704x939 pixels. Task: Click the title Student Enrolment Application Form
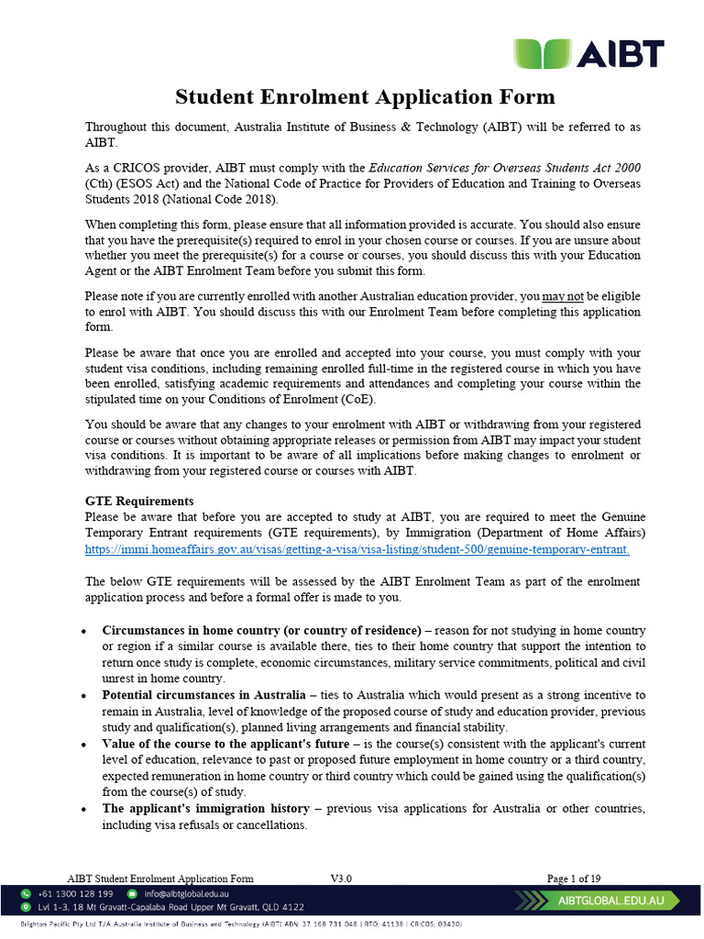365,96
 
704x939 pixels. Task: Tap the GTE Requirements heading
139,502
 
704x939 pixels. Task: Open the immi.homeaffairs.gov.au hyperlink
357,549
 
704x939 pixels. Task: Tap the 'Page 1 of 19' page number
574,878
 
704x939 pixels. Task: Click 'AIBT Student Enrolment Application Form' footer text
162,878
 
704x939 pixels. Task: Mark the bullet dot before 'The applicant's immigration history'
84,810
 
